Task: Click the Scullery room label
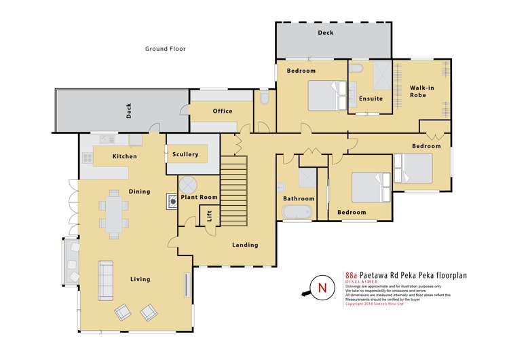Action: coord(185,154)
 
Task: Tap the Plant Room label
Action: coord(198,197)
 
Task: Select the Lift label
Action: coord(209,216)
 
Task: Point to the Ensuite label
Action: coord(371,98)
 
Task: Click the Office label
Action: coord(223,111)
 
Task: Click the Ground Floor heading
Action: coord(166,49)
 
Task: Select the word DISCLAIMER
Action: coord(360,283)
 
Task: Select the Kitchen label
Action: coord(125,156)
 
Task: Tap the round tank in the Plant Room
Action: coord(187,183)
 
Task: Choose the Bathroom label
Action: coord(299,198)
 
